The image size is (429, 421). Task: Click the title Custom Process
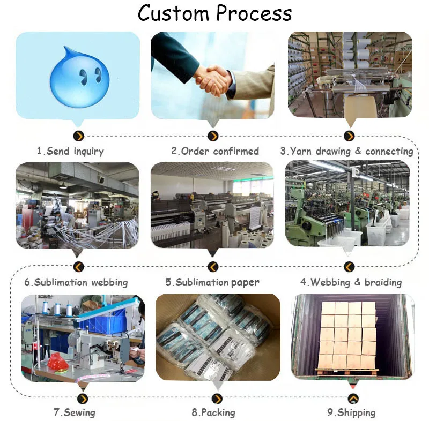[214, 13]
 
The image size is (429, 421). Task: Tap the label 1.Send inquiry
[70, 151]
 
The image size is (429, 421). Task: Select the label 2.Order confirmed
[214, 151]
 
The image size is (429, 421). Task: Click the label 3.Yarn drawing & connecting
[346, 151]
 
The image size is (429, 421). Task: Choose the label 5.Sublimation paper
[212, 282]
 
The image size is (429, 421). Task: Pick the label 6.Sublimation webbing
[76, 282]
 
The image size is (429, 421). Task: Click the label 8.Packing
[213, 412]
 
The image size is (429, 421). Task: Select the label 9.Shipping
[351, 412]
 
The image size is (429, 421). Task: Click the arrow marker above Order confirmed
[213, 136]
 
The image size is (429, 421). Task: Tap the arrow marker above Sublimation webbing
[79, 267]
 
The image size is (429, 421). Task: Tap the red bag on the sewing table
[58, 362]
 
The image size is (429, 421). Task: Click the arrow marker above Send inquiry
[79, 136]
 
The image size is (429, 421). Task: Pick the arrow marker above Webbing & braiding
[349, 267]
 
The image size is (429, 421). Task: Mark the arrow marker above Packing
[217, 399]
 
